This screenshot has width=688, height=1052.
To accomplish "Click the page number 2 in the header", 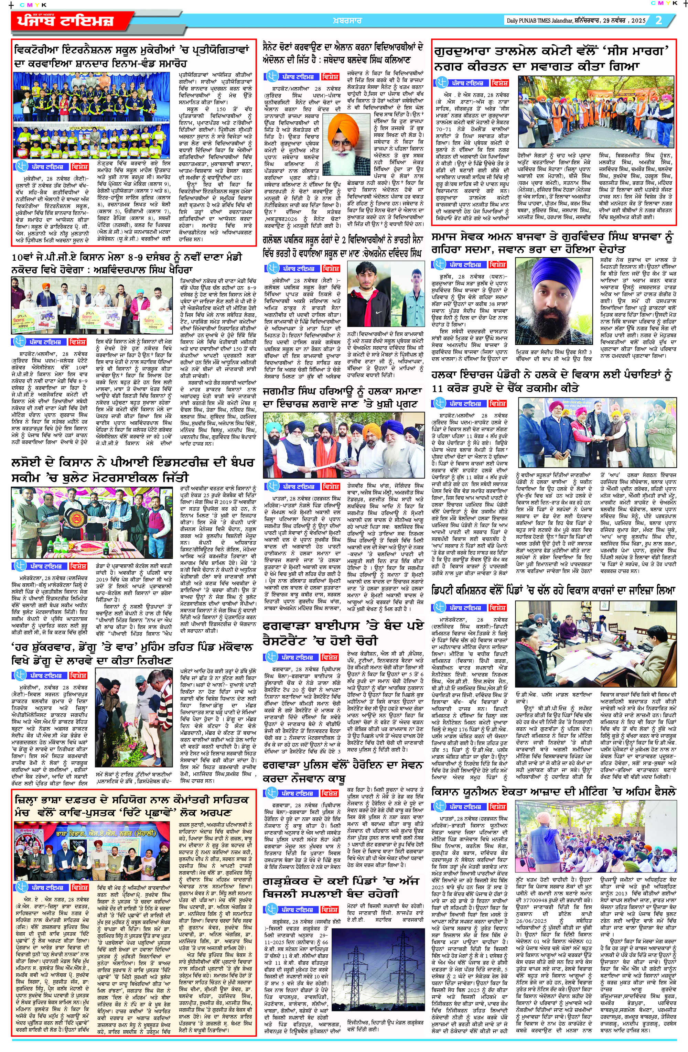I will click(658, 20).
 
